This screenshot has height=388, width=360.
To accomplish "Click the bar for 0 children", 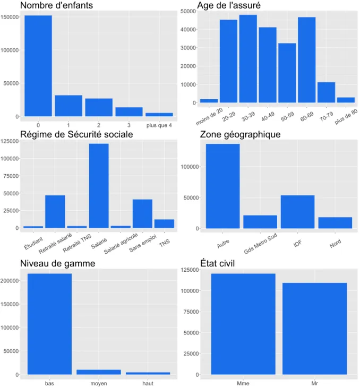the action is click(x=38, y=66).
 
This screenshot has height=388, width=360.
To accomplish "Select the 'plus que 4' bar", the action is click(x=159, y=115).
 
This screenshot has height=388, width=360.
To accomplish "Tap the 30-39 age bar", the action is click(x=248, y=58).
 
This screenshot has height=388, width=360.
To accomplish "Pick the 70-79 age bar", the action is click(x=327, y=92).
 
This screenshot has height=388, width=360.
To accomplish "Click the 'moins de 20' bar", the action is click(x=209, y=101).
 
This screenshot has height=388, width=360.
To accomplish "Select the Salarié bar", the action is click(x=99, y=186).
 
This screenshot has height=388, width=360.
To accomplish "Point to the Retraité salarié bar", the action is click(x=55, y=212).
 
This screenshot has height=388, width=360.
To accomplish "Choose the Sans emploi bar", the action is click(x=142, y=213).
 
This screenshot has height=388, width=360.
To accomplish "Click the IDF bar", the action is click(x=297, y=212).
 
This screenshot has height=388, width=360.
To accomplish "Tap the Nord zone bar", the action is click(x=335, y=223).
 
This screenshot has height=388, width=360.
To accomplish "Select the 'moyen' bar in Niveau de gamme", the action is click(x=99, y=372).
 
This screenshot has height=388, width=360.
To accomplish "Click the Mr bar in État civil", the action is click(x=314, y=329).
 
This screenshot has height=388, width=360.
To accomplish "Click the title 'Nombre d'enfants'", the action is click(x=56, y=5).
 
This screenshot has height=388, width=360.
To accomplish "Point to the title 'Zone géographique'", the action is click(x=240, y=134).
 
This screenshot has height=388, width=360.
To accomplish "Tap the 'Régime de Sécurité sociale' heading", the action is click(x=76, y=134).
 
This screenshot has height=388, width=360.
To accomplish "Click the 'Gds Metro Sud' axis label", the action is click(x=260, y=244).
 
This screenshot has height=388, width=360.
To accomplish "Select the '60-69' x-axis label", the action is click(x=307, y=117).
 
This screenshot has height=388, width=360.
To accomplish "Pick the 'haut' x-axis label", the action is click(x=148, y=383).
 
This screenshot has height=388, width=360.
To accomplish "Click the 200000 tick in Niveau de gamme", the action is click(x=10, y=281).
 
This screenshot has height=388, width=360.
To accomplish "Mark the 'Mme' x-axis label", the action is click(x=243, y=383).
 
